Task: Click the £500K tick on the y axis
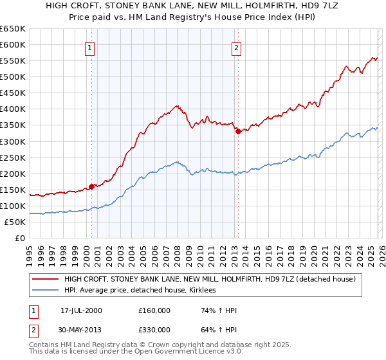(13, 76)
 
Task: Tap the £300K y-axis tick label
(13, 141)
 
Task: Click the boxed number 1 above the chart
(90, 48)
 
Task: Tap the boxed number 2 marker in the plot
(237, 48)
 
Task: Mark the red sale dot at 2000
(92, 186)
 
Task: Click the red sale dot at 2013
(238, 131)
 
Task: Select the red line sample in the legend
(45, 279)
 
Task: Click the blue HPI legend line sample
(45, 291)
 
